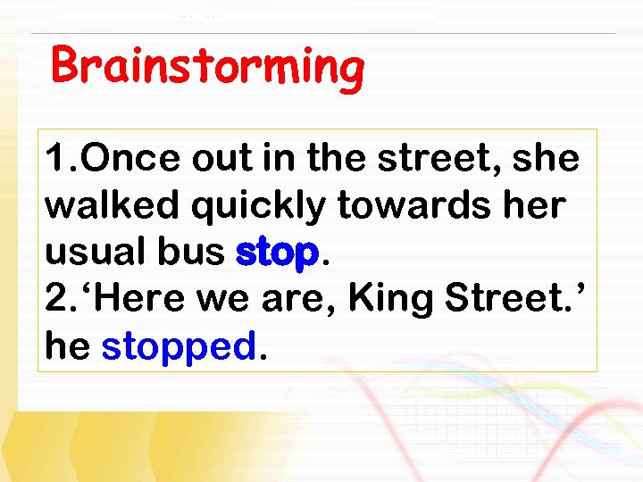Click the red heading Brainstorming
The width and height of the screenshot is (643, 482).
click(x=207, y=68)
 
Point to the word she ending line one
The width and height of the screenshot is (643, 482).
click(x=546, y=160)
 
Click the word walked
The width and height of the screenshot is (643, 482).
click(x=101, y=206)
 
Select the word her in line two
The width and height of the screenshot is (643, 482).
click(x=534, y=206)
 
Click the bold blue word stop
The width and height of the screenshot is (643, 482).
click(x=277, y=254)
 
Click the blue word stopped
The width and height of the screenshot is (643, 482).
click(x=179, y=347)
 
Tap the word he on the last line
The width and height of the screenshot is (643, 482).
click(x=68, y=345)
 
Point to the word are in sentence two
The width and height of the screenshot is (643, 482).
click(x=300, y=301)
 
